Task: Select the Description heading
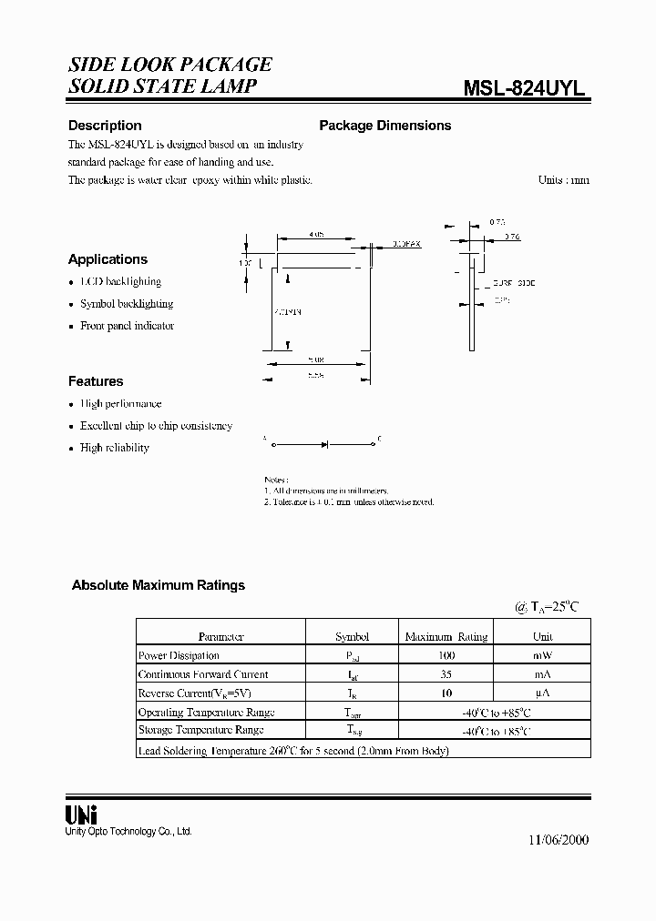pyautogui.click(x=105, y=126)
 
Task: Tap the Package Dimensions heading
pyautogui.click(x=384, y=126)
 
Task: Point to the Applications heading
pyautogui.click(x=108, y=259)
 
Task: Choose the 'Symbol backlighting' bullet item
pyautogui.click(x=126, y=304)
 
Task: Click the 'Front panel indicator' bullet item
pyautogui.click(x=127, y=326)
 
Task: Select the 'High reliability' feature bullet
pyautogui.click(x=115, y=448)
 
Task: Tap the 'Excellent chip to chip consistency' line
pyautogui.click(x=156, y=426)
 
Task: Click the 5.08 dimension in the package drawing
pyautogui.click(x=316, y=359)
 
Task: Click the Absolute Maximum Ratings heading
pyautogui.click(x=159, y=585)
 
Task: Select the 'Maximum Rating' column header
pyautogui.click(x=446, y=636)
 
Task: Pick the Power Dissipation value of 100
pyautogui.click(x=446, y=655)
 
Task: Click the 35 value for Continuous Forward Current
pyautogui.click(x=446, y=674)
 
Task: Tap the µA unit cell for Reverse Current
pyautogui.click(x=542, y=693)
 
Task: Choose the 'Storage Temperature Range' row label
pyautogui.click(x=200, y=730)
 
